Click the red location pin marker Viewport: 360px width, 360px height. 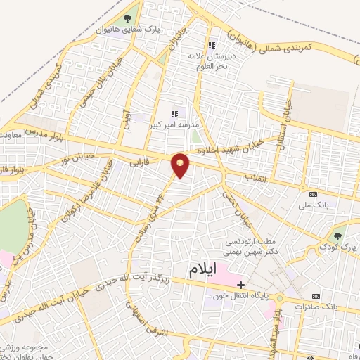pyautogui.click(x=181, y=165)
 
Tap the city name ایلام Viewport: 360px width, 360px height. pyautogui.click(x=212, y=269)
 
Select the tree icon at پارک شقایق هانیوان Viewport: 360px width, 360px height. pyautogui.click(x=127, y=19)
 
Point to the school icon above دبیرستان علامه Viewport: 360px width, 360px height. pyautogui.click(x=229, y=32)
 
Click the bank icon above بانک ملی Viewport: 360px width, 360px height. pyautogui.click(x=313, y=194)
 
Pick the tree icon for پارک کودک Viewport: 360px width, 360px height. pyautogui.click(x=338, y=236)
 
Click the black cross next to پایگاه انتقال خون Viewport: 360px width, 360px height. pyautogui.click(x=241, y=285)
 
